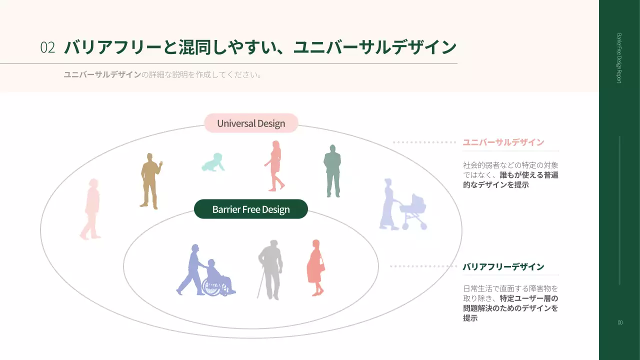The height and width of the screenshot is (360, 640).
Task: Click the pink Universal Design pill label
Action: pos(251,123)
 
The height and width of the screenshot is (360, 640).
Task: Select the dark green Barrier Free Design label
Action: pos(251,209)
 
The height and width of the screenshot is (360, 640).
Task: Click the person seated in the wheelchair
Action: pos(217,278)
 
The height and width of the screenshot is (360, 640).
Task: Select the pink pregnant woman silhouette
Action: pos(315,267)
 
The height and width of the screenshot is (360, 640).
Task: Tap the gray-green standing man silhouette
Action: pos(331,171)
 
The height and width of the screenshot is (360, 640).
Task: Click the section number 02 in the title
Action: pos(47,47)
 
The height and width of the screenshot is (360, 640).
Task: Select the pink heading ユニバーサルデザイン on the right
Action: pos(503,142)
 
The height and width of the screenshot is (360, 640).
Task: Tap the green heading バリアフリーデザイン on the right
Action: pos(503,266)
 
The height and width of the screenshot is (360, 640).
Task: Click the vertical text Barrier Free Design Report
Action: pos(619,58)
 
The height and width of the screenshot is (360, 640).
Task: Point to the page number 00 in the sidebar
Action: pos(620,322)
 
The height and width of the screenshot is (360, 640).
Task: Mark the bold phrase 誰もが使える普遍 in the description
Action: pos(529,175)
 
